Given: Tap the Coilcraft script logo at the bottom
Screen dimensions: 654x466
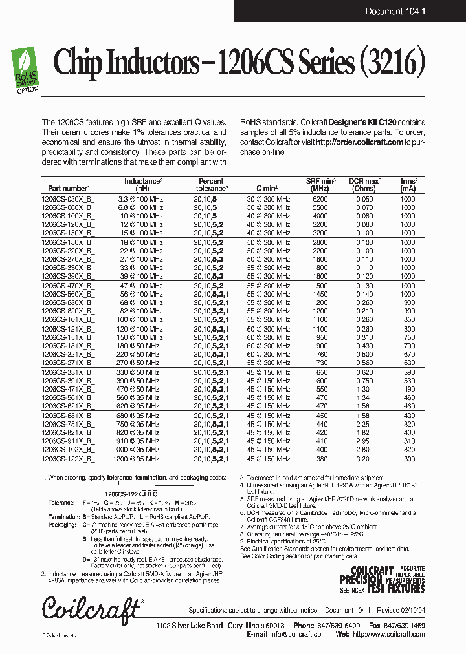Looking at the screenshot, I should click(91, 608).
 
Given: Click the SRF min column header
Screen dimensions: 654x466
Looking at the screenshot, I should click(320, 185).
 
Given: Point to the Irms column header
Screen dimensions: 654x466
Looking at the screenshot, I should click(408, 185).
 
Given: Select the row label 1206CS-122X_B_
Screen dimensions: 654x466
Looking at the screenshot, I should click(67, 458).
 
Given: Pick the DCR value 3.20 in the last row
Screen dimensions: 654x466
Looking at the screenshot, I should click(364, 458).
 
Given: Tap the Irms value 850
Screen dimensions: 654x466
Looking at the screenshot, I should click(407, 319).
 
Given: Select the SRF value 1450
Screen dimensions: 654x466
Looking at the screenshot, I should click(320, 293).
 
